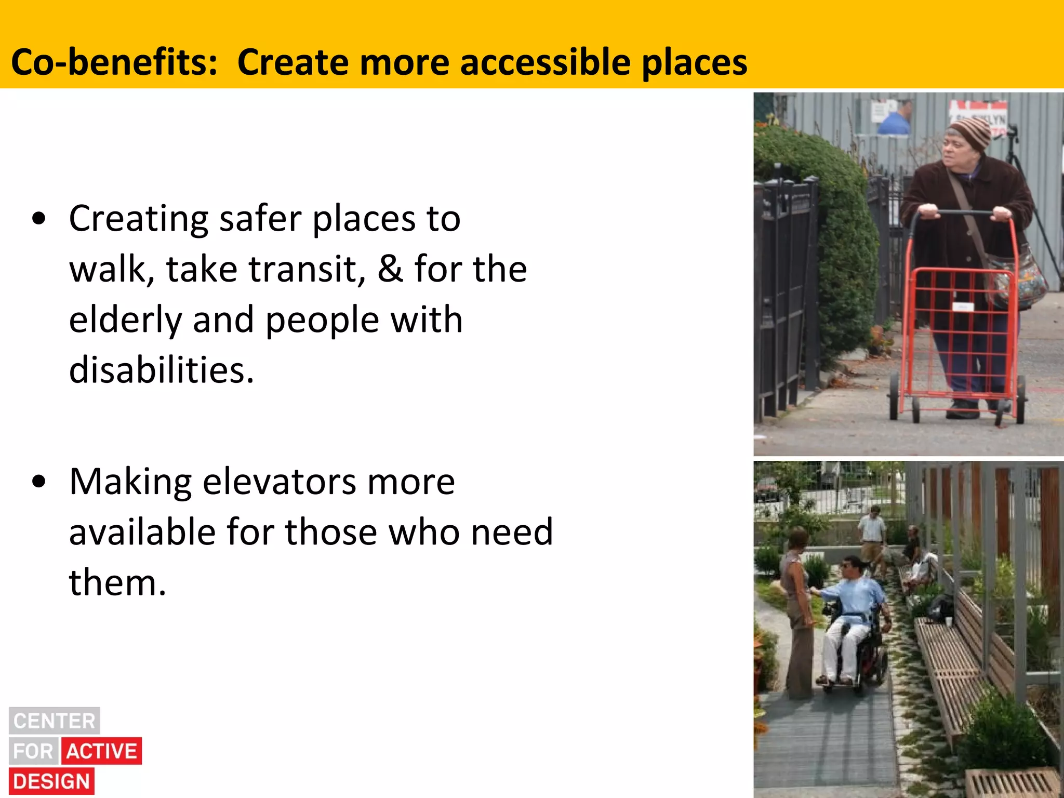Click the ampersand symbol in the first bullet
pos(390,269)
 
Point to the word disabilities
pos(162,370)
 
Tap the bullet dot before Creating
pos(39,219)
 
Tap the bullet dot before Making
pos(39,482)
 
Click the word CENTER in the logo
pos(55,721)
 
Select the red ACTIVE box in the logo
pos(102,751)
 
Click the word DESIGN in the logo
pos(51,781)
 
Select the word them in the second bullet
pos(117,583)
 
